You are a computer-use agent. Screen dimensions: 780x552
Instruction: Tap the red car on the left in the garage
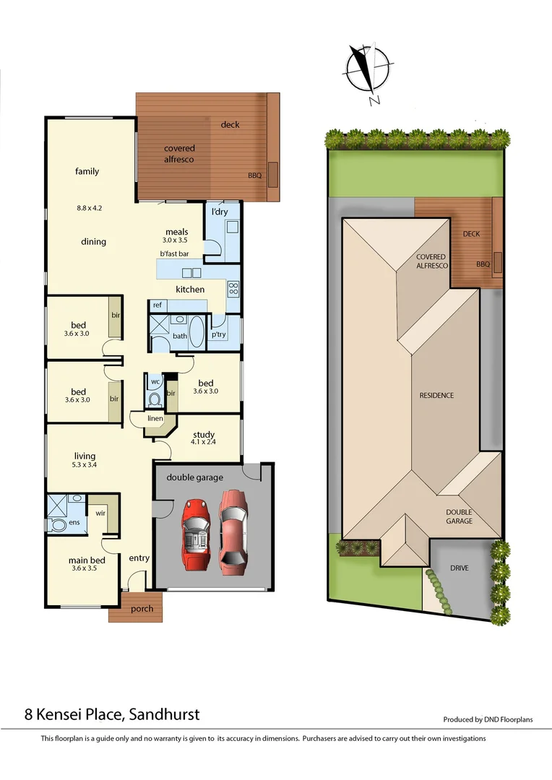195,533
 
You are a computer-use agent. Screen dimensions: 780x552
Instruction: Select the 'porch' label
142,609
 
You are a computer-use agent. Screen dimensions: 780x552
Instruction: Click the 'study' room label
204,435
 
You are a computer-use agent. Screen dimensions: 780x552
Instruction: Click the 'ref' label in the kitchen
157,305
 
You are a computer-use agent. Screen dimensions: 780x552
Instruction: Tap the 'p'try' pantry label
218,335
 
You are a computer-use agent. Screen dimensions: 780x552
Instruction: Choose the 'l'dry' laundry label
220,212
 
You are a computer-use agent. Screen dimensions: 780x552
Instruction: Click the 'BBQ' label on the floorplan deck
254,175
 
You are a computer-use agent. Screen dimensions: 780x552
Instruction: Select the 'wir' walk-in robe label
100,513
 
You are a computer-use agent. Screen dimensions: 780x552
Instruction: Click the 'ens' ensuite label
74,521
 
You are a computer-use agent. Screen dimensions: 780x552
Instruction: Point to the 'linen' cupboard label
155,419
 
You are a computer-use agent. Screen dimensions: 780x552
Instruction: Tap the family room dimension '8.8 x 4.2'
90,208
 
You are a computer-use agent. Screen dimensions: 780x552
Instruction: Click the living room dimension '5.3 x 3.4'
85,465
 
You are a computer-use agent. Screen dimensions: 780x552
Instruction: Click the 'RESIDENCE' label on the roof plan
436,395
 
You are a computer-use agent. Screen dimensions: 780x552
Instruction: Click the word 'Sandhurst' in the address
165,715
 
